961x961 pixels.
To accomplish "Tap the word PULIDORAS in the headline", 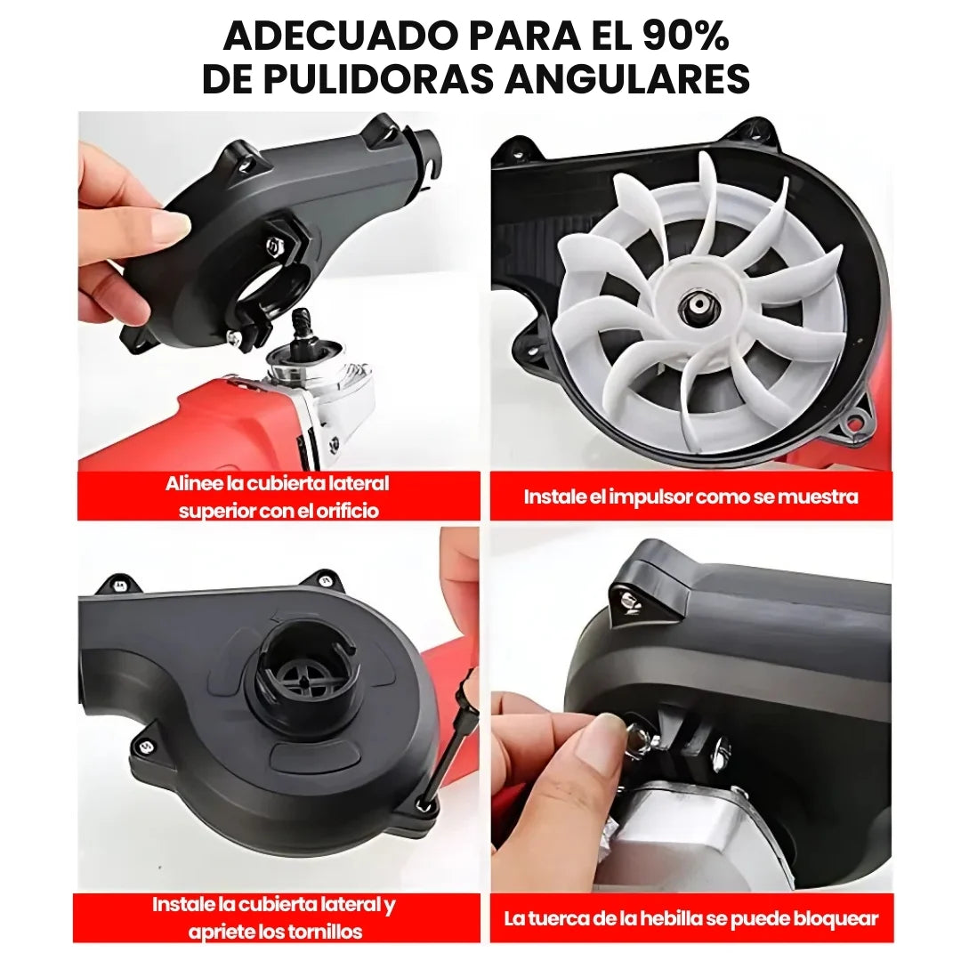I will (x=373, y=79).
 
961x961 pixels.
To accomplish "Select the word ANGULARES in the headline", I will (x=627, y=79).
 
